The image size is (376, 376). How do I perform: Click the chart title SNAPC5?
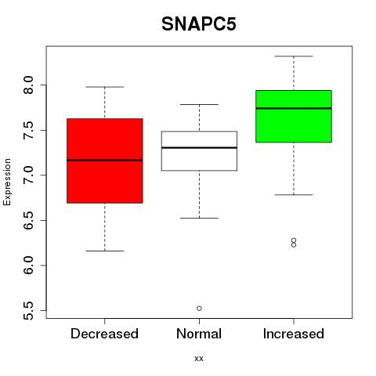(x=199, y=24)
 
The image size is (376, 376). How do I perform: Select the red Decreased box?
(x=105, y=161)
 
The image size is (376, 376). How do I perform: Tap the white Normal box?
(x=199, y=151)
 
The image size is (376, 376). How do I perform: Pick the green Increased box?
(x=294, y=116)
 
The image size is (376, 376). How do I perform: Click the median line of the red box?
(x=105, y=161)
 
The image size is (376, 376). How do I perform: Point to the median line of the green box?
(x=294, y=108)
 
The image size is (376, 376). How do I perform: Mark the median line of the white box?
(x=199, y=148)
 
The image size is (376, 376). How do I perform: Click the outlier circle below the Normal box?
(x=199, y=309)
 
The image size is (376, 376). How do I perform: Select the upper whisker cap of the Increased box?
(x=294, y=56)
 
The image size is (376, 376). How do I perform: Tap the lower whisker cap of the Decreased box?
(x=105, y=251)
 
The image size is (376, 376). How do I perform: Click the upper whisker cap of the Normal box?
(x=199, y=104)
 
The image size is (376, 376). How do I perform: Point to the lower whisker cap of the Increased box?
(x=294, y=195)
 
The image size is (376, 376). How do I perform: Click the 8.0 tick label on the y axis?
(x=28, y=85)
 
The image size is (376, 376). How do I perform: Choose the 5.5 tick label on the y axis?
(x=28, y=311)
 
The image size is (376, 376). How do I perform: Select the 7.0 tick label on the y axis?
(x=28, y=175)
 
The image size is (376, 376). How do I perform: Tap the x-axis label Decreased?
(x=104, y=334)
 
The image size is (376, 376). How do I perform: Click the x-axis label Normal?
(x=199, y=334)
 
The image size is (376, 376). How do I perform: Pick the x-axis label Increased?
(x=294, y=334)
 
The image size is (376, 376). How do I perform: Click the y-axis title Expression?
(x=7, y=182)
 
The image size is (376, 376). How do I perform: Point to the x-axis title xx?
(x=199, y=359)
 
